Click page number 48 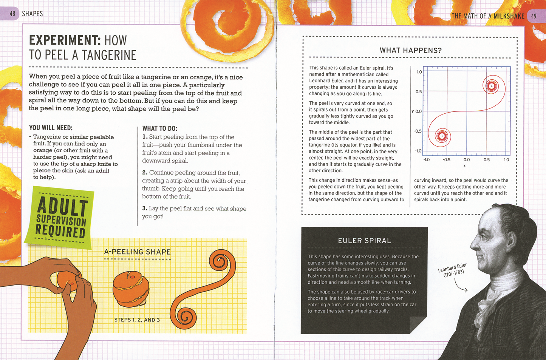(12, 14)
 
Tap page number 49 (534, 16)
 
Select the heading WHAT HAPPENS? (410, 51)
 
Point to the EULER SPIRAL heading (364, 241)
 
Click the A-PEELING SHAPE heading (137, 252)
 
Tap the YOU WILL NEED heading (51, 128)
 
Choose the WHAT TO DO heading (159, 128)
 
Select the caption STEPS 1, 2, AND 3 (137, 320)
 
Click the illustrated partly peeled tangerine (131, 289)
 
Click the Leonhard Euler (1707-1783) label (453, 270)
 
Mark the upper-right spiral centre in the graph (491, 86)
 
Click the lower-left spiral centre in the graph (442, 136)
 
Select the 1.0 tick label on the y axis (419, 72)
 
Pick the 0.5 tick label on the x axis (486, 160)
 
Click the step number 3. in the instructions (145, 209)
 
